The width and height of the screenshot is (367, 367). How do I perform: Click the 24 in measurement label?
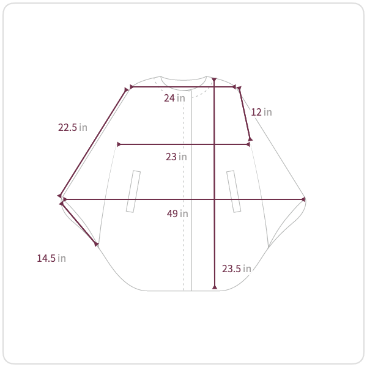pos(174,98)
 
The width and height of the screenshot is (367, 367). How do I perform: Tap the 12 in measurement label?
pos(261,112)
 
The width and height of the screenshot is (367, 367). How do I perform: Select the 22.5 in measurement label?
pos(73,128)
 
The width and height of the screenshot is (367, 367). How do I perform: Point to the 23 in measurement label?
pos(176,157)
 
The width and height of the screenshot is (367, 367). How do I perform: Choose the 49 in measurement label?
pos(177,213)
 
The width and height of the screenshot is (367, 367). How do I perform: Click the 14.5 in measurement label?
pos(51,258)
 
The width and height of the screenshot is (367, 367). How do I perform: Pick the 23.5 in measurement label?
pos(236,269)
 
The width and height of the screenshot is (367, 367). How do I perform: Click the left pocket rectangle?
pos(133,191)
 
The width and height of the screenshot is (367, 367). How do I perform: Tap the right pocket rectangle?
pos(234,191)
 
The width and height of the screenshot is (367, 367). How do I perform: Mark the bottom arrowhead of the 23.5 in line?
pos(215,287)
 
